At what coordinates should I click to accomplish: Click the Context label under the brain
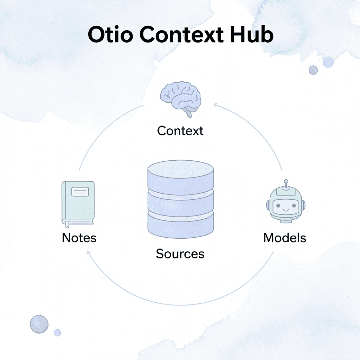[x=180, y=131]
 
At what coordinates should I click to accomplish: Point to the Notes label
[x=79, y=238]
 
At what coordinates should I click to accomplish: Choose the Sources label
[x=180, y=253]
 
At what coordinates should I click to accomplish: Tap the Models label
[x=285, y=238]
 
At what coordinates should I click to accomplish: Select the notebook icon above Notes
[x=78, y=202]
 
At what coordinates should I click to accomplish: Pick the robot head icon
[x=285, y=205]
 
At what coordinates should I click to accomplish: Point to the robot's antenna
[x=286, y=184]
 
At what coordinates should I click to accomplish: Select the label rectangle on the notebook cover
[x=80, y=192]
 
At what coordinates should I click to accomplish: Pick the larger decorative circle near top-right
[x=328, y=62]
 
